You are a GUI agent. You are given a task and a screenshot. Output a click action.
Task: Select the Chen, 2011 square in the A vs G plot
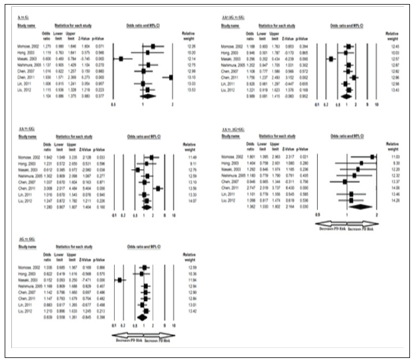(171, 78)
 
